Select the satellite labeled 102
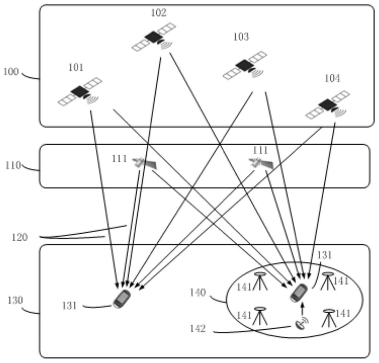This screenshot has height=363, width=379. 154,37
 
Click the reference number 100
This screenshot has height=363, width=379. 11,71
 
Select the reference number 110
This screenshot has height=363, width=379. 13,165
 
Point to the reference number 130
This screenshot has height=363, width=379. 15,301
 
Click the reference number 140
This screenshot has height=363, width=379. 198,293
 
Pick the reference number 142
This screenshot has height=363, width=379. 198,328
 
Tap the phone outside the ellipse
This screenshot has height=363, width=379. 122,299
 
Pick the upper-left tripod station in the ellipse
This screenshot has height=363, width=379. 260,281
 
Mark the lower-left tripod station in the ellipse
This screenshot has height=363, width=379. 259,316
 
